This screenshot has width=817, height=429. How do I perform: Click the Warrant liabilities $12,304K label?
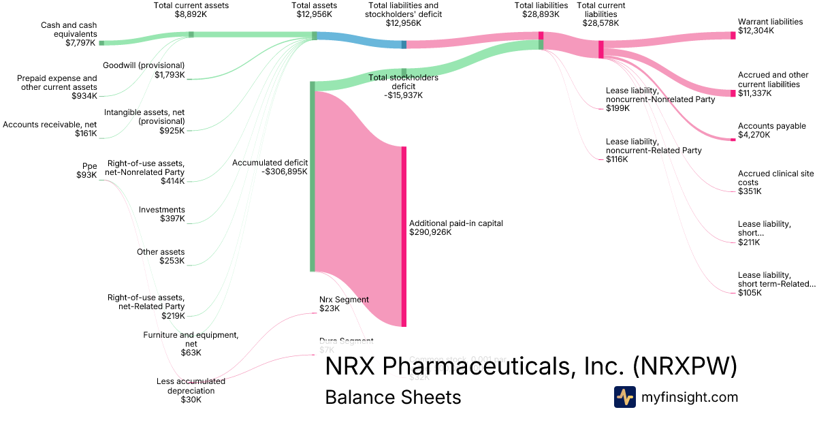click(770, 27)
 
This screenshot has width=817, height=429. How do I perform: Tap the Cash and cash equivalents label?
click(68, 33)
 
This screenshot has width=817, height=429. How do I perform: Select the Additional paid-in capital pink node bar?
click(404, 236)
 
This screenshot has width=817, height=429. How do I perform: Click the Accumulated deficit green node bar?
click(312, 176)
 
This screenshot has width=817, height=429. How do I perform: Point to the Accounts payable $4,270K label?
click(771, 130)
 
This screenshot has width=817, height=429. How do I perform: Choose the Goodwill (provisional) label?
click(144, 70)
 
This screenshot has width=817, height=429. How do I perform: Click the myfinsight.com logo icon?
click(624, 397)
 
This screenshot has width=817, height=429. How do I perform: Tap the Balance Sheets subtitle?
click(393, 397)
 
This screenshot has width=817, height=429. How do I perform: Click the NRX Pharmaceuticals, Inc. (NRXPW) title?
click(531, 366)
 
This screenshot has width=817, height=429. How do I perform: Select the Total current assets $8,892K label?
click(192, 10)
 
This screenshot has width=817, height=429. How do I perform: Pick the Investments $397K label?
click(161, 214)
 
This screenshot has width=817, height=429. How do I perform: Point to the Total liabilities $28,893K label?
click(541, 10)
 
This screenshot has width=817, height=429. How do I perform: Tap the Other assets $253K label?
click(161, 257)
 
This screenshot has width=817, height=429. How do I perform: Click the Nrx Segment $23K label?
click(344, 304)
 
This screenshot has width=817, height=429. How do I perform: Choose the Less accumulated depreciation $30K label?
click(191, 390)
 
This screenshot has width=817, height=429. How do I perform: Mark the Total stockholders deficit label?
click(403, 86)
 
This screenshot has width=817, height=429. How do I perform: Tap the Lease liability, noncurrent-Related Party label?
click(653, 150)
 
